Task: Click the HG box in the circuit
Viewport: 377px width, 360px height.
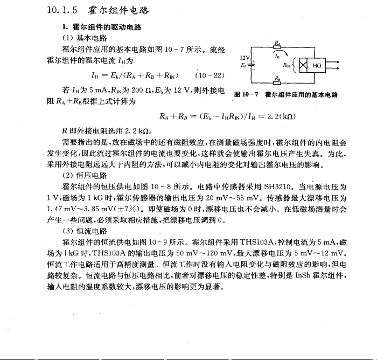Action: (x=317, y=65)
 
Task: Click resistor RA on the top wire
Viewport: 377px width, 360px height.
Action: (x=276, y=47)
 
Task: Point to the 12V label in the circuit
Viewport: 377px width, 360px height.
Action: (x=245, y=57)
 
